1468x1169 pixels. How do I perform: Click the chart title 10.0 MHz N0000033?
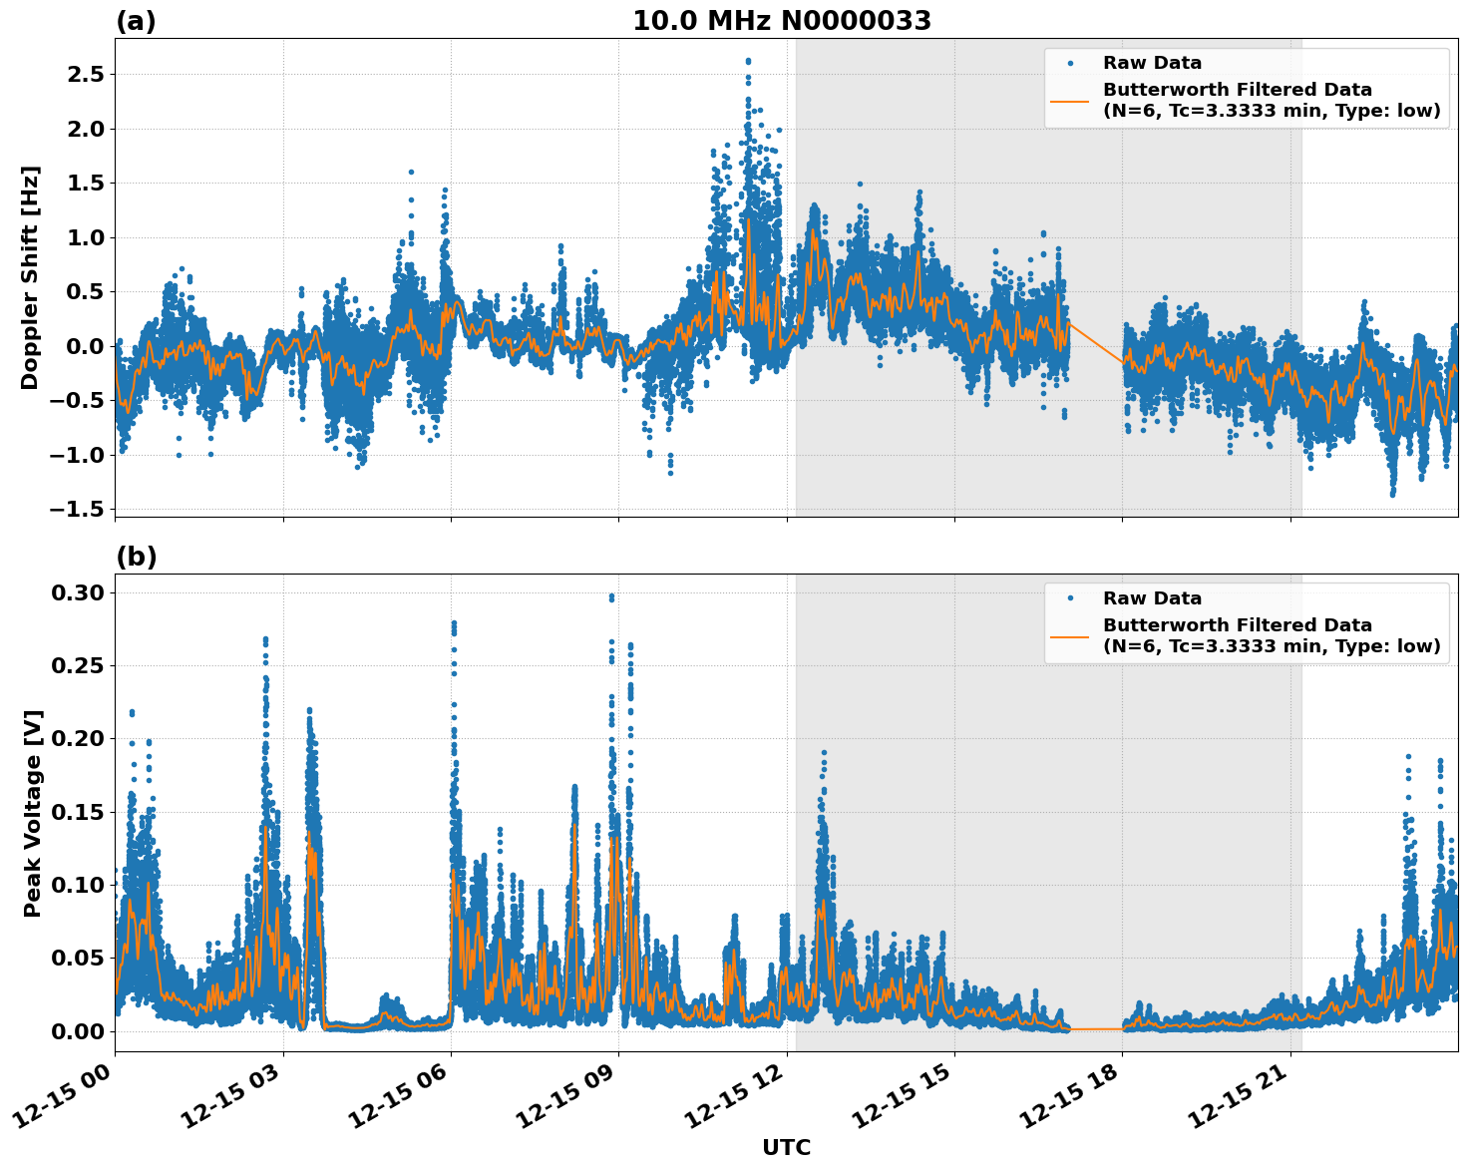[x=782, y=21]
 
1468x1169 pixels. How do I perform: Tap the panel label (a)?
[x=136, y=21]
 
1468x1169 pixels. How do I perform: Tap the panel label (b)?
[x=136, y=557]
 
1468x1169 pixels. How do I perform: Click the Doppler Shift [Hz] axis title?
[x=31, y=277]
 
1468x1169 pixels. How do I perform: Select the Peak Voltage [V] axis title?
[x=33, y=813]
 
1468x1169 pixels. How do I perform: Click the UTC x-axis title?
[x=786, y=1147]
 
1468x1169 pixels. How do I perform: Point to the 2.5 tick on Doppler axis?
[x=84, y=75]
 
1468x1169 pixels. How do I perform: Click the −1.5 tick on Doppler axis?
[x=78, y=510]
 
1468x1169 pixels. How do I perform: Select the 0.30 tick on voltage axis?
[x=78, y=593]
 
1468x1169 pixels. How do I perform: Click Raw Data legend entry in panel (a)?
[x=1152, y=64]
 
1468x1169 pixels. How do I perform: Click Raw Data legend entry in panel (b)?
[x=1152, y=598]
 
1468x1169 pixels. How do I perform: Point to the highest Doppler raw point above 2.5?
[x=748, y=61]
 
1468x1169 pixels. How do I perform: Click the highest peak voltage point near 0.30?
[x=611, y=596]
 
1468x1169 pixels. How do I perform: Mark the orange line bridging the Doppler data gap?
[x=1095, y=341]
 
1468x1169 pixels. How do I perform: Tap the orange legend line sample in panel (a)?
[x=1069, y=101]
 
